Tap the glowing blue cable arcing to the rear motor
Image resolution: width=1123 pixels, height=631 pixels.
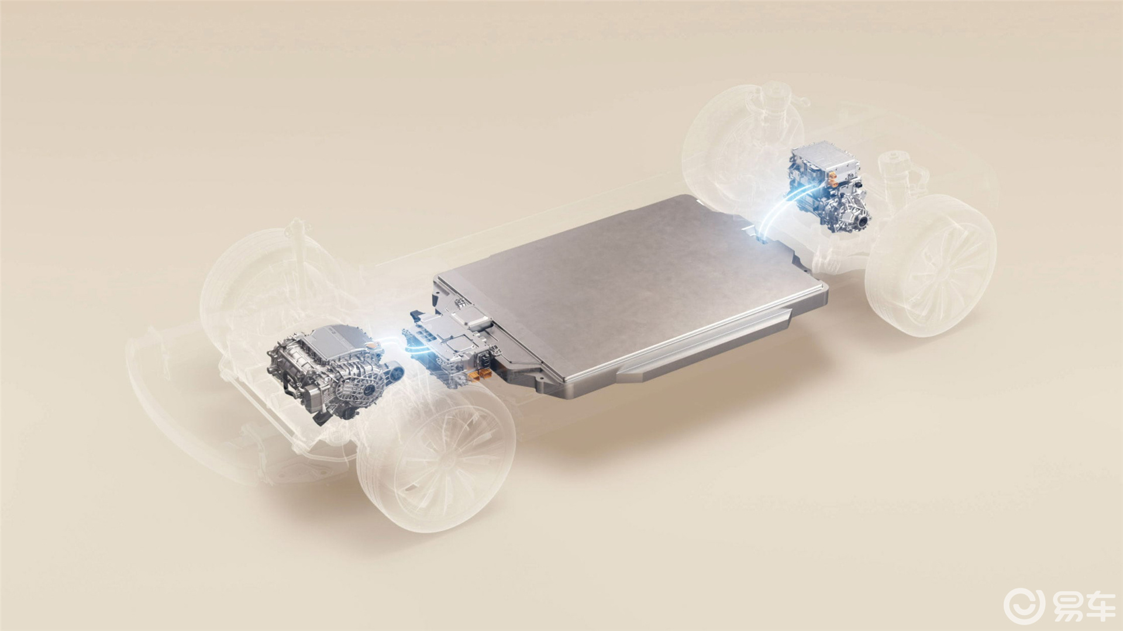point(778,211)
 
